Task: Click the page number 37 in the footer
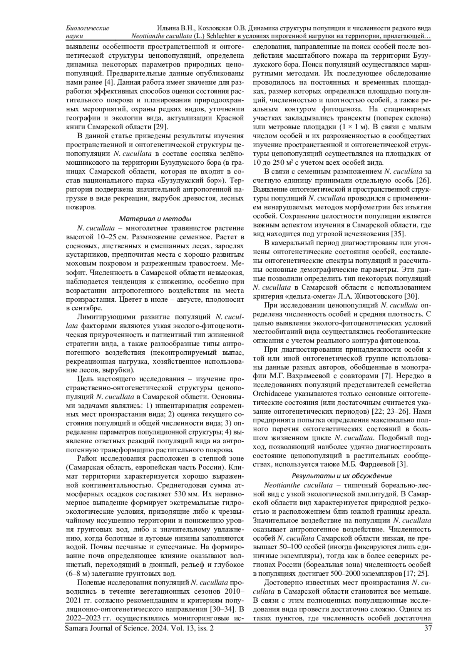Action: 427,629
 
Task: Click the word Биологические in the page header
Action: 87,28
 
